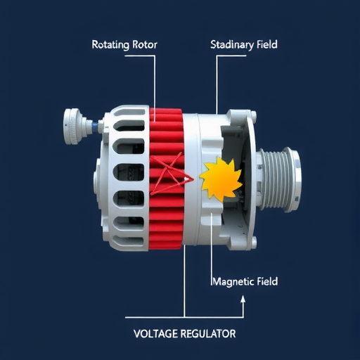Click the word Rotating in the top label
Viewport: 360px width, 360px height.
pos(110,45)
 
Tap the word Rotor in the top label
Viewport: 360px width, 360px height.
pos(145,44)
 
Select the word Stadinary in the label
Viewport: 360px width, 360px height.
pos(232,45)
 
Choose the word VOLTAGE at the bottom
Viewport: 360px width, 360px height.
pos(155,333)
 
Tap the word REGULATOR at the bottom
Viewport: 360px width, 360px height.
pos(208,333)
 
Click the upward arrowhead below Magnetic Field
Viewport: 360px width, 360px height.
pos(243,299)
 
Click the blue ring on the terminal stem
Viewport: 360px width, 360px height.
pos(94,127)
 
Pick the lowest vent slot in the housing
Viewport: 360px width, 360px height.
pos(129,241)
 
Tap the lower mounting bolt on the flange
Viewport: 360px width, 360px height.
pos(253,243)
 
